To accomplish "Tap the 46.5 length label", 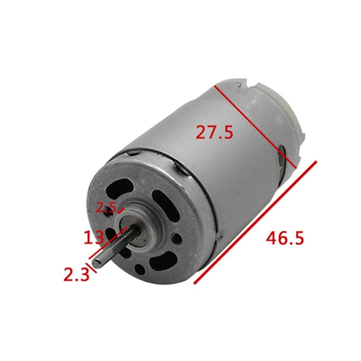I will [x=284, y=237].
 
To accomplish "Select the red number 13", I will [x=94, y=236].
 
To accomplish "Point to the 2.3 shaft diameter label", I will [x=76, y=273].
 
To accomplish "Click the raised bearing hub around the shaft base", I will [x=140, y=226].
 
